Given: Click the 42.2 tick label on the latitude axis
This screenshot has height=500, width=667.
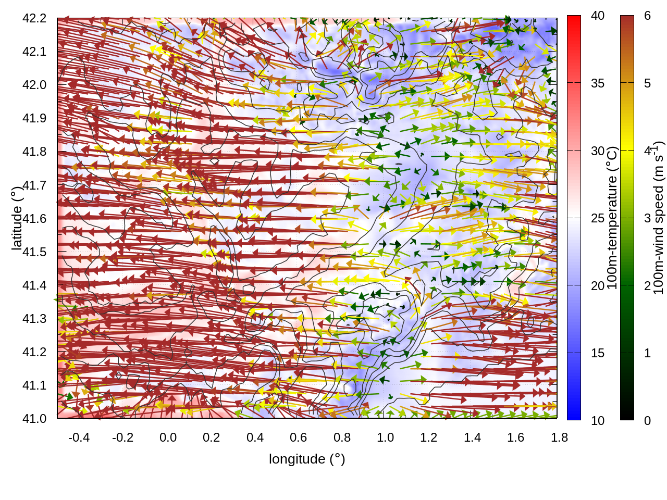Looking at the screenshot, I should pyautogui.click(x=34, y=18).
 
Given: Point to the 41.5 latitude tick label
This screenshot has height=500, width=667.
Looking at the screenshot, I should pyautogui.click(x=34, y=252).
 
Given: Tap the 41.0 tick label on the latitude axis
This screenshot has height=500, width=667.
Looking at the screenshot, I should pyautogui.click(x=34, y=419).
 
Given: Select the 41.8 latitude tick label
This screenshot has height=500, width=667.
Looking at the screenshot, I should pyautogui.click(x=34, y=152).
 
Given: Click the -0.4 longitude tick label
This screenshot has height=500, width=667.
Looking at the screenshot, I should pyautogui.click(x=79, y=438).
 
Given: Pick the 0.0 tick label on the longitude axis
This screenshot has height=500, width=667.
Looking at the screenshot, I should pyautogui.click(x=168, y=438).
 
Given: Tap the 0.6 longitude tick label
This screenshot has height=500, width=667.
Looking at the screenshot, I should pyautogui.click(x=299, y=438).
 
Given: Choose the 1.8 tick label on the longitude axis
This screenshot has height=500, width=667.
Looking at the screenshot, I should pyautogui.click(x=560, y=438).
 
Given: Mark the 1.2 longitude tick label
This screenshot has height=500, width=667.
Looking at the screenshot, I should pyautogui.click(x=429, y=438).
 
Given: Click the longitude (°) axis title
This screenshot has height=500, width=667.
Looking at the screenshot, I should pyautogui.click(x=307, y=459).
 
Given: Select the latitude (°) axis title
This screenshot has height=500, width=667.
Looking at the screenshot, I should pyautogui.click(x=17, y=219).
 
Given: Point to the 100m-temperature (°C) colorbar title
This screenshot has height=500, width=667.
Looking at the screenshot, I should pyautogui.click(x=612, y=218).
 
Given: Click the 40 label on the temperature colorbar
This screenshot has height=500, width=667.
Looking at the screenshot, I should pyautogui.click(x=598, y=16).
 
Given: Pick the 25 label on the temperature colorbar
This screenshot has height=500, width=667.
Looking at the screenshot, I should pyautogui.click(x=598, y=218).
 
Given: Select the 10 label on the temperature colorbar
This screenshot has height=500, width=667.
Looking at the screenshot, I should pyautogui.click(x=598, y=420).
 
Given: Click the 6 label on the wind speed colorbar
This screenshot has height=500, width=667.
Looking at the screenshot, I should pyautogui.click(x=647, y=16).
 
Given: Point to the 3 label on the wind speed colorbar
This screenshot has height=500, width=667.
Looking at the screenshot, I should pyautogui.click(x=647, y=218).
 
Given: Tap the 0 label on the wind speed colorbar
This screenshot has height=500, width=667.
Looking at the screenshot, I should pyautogui.click(x=647, y=420).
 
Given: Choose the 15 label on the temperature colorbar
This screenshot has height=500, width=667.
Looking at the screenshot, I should pyautogui.click(x=598, y=353).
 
